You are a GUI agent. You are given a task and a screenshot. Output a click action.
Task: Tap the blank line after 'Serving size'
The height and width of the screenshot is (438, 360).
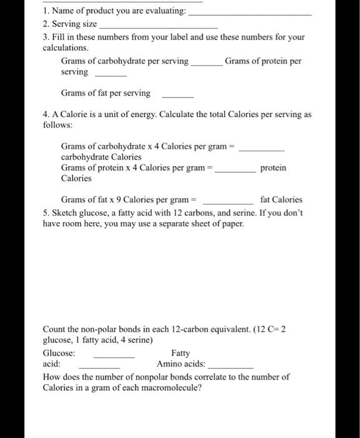(x=159, y=28)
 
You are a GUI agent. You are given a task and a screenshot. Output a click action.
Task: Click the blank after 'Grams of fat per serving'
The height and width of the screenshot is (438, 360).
(x=177, y=97)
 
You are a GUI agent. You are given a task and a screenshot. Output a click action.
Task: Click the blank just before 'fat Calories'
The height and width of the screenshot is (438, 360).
(x=228, y=203)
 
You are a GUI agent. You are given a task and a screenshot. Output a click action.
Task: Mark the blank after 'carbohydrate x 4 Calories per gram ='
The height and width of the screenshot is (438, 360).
(x=262, y=150)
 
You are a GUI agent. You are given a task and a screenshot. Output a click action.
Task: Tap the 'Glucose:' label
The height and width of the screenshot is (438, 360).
(x=59, y=353)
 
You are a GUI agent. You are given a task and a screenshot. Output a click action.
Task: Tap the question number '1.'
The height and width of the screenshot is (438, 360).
(x=46, y=11)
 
